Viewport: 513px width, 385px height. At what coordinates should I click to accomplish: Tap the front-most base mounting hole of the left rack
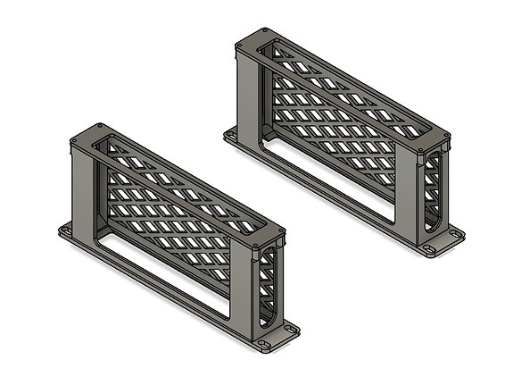pyautogui.click(x=264, y=342)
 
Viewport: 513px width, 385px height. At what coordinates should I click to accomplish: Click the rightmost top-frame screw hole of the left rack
pyautogui.click(x=279, y=231)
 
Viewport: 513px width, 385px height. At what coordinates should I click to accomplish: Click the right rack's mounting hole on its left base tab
pyautogui.click(x=230, y=135)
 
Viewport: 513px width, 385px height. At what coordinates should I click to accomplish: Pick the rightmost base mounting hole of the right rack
pyautogui.click(x=457, y=234)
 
